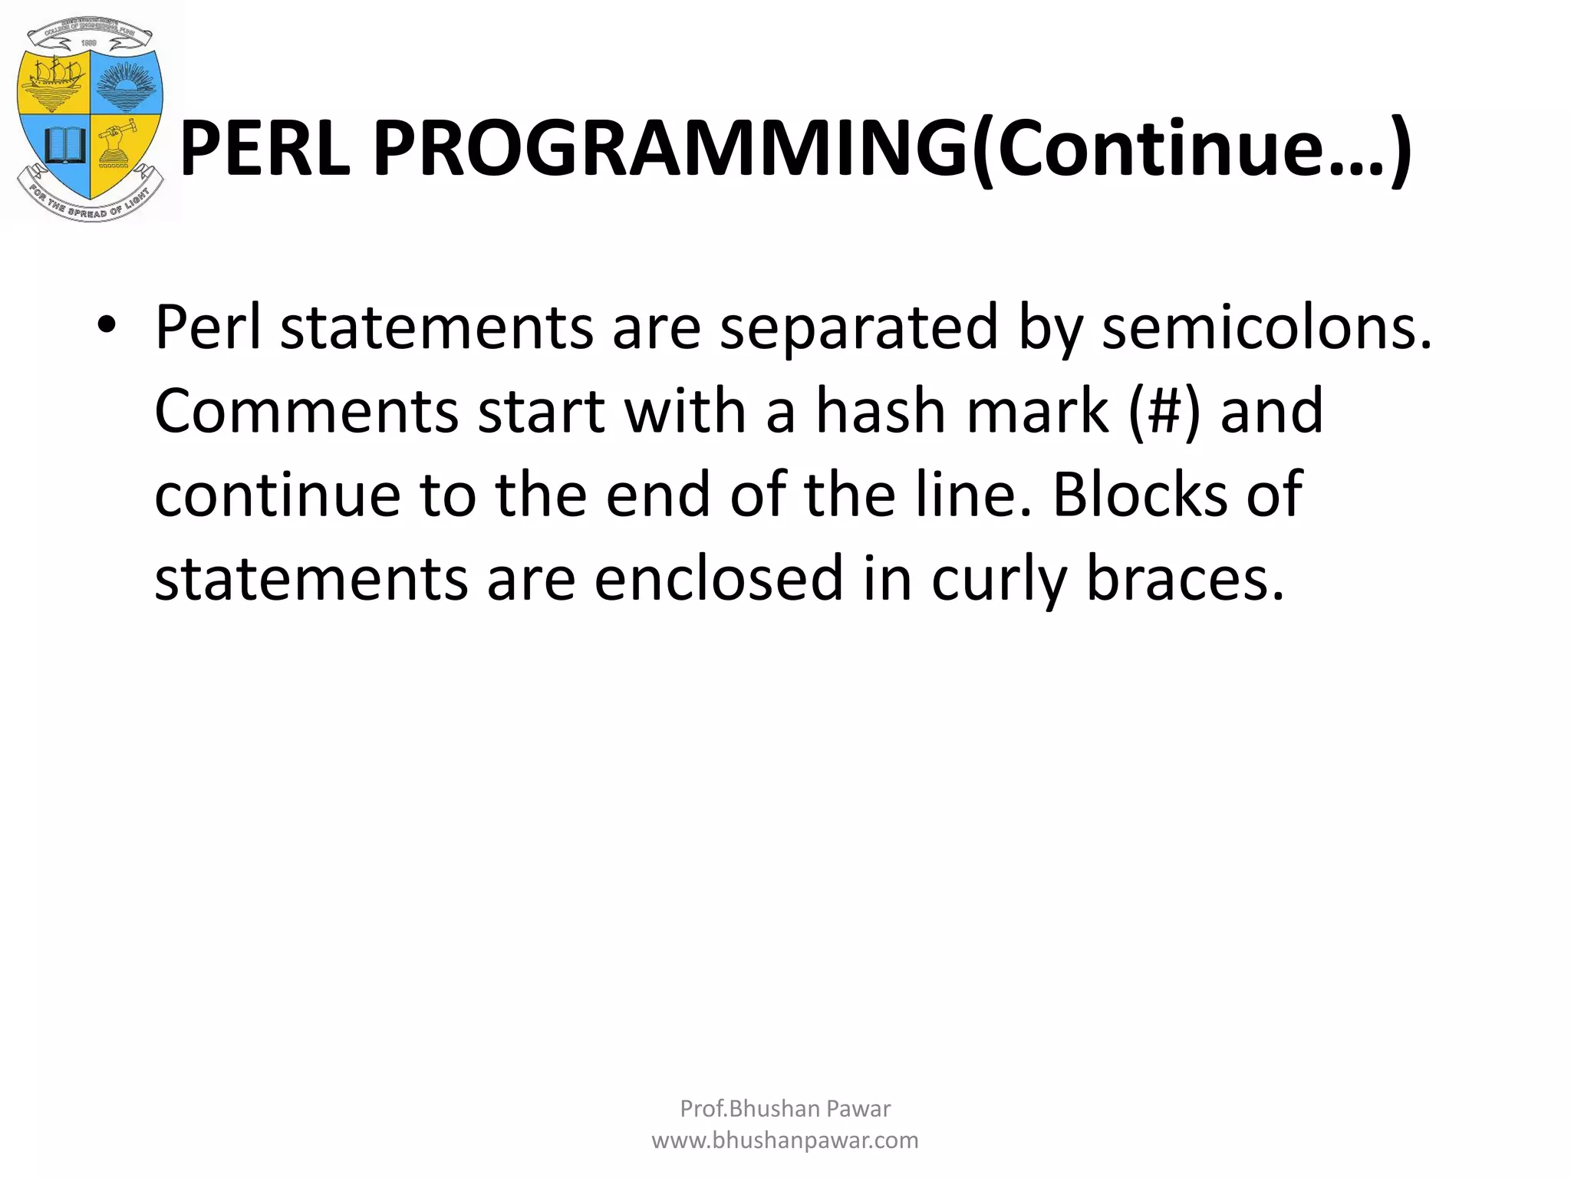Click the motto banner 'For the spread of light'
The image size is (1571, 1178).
tap(91, 206)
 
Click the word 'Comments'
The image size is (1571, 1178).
tap(307, 411)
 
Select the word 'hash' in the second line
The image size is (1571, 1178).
tap(881, 411)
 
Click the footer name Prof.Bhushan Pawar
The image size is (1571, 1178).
tap(785, 1108)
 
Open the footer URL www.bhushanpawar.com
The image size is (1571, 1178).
tap(785, 1140)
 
